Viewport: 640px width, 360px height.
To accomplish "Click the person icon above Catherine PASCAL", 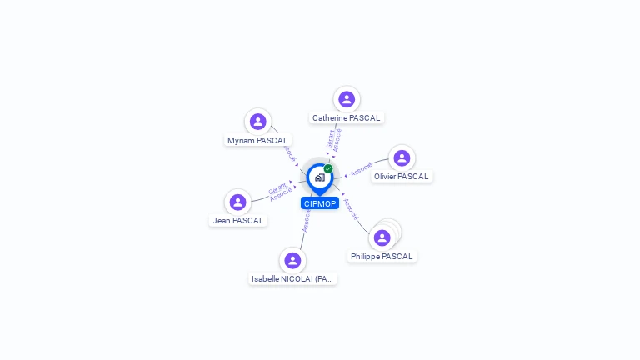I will pos(347,99).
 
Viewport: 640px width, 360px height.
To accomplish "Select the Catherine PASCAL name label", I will pos(346,118).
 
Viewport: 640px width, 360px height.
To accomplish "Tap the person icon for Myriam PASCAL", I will pos(258,122).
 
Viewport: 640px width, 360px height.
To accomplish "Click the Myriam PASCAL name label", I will pos(257,141).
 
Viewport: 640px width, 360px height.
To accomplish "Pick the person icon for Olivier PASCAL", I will pos(402,158).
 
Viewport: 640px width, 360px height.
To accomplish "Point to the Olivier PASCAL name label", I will pos(401,177).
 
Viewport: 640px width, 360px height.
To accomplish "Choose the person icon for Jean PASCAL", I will pos(238,202).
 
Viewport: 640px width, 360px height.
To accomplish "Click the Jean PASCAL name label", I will pos(237,221).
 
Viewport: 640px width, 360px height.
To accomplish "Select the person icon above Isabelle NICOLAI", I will pos(292,260).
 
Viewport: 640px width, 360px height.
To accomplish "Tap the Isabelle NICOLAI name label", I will pos(292,279).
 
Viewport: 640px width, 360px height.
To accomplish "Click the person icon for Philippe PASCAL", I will pos(382,237).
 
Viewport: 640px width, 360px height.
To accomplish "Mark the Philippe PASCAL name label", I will pos(382,257).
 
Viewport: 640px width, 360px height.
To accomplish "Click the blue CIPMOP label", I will pos(320,203).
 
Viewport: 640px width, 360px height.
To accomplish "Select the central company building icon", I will pos(319,177).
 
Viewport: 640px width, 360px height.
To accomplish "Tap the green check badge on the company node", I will pos(328,169).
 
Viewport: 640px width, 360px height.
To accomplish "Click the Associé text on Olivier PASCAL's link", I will pos(362,168).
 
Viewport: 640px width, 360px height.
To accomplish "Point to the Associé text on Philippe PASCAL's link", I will pos(351,208).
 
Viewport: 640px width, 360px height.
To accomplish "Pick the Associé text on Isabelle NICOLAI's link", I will pos(306,221).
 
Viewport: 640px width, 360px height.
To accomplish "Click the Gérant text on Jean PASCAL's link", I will pos(277,189).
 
